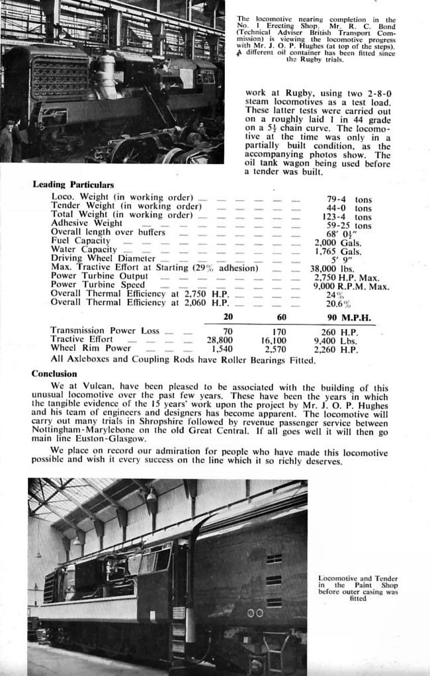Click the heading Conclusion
pyautogui.click(x=54, y=374)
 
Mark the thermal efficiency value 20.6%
pyautogui.click(x=338, y=303)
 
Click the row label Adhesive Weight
pyautogui.click(x=87, y=224)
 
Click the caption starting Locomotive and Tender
pyautogui.click(x=358, y=588)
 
